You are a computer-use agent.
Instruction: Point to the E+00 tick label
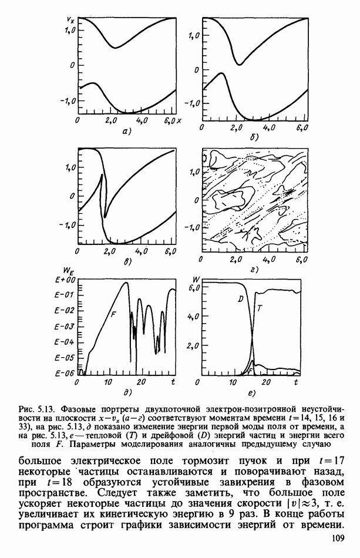coord(67,280)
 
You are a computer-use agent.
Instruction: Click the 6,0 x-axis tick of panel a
coord(171,120)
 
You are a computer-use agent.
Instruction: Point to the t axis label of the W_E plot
coord(173,382)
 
